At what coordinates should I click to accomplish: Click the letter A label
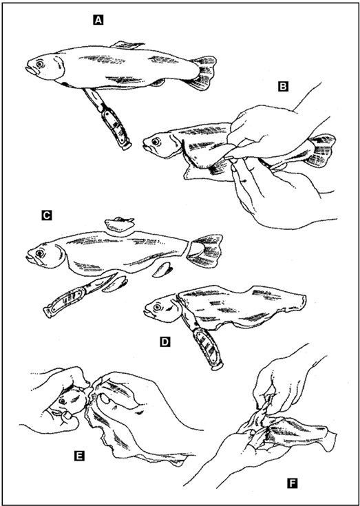[98, 21]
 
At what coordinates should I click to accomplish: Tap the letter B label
[283, 87]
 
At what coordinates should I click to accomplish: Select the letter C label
[46, 215]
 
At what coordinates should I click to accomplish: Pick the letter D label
[165, 341]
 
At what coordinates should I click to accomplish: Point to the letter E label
[79, 456]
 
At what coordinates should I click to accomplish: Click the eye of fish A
[40, 64]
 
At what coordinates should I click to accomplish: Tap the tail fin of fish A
[203, 72]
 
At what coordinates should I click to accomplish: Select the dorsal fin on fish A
[127, 45]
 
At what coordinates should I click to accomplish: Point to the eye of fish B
[156, 141]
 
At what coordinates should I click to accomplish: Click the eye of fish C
[41, 253]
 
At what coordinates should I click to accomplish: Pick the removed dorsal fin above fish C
[119, 225]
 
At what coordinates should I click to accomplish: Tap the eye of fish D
[157, 308]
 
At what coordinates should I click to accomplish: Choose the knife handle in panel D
[208, 348]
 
